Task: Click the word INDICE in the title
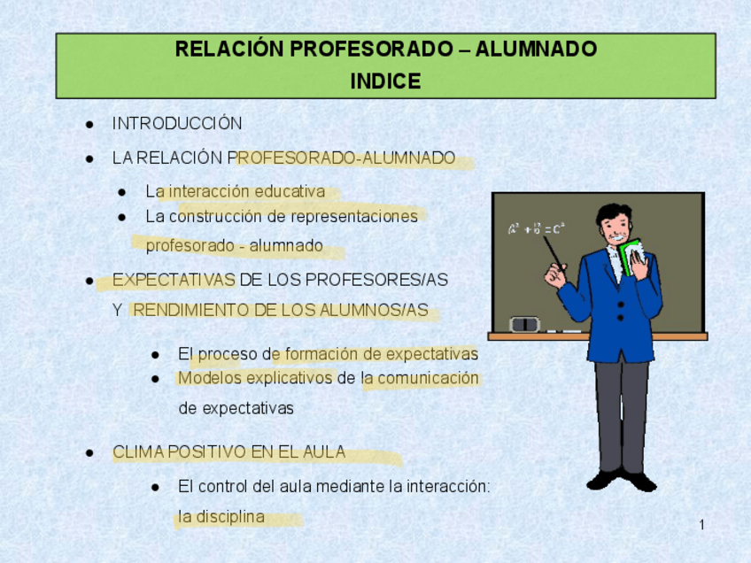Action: (385, 81)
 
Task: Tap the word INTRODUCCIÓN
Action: (177, 124)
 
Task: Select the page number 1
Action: (701, 525)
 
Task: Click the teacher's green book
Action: (632, 257)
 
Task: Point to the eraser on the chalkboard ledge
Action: (525, 324)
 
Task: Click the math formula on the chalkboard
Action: (537, 228)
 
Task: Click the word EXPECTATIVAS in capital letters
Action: (174, 280)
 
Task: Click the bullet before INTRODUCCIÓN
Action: (89, 125)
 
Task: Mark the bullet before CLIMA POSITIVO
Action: (89, 452)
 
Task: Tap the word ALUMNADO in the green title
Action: (536, 50)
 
